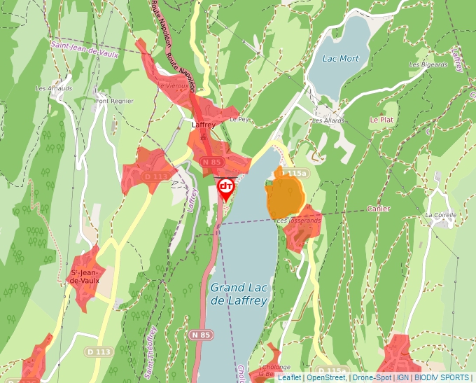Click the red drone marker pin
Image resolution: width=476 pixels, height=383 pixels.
coord(225,188)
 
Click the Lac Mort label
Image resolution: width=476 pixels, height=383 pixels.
coord(340,59)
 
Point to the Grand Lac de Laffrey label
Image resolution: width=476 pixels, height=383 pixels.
coord(239,294)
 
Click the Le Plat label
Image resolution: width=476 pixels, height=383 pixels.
coord(382,120)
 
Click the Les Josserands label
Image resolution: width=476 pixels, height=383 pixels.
coord(299,221)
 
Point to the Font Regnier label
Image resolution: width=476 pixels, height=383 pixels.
coord(113,101)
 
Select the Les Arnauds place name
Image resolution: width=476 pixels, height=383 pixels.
coord(54,89)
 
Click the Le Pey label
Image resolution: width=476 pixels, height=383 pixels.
coord(239,120)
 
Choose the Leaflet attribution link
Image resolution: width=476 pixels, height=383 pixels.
coord(289,377)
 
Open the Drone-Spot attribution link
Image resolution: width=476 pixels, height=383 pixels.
coord(372,377)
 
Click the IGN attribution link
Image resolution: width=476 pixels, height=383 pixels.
coord(402,377)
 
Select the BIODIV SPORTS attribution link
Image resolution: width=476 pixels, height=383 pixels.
coord(442,377)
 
